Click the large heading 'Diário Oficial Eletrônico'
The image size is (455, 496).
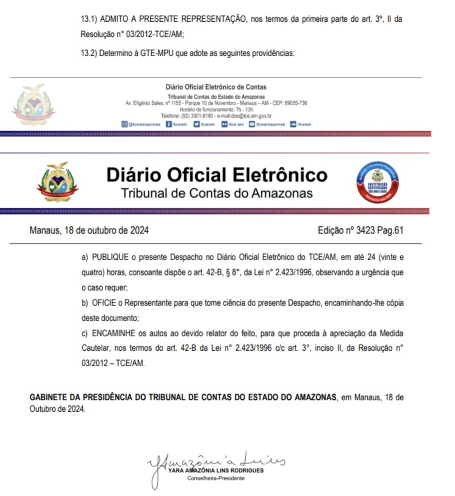pyautogui.click(x=217, y=175)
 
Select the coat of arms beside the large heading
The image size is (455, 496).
pyautogui.click(x=57, y=183)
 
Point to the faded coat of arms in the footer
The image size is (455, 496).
pyautogui.click(x=33, y=104)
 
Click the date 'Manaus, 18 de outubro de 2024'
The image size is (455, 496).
pyautogui.click(x=89, y=231)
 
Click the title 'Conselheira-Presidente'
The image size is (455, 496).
pyautogui.click(x=216, y=479)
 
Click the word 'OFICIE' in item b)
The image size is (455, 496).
pyautogui.click(x=103, y=303)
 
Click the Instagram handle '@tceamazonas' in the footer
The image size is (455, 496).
pyautogui.click(x=144, y=124)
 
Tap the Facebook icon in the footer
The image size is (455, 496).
pyautogui.click(x=169, y=124)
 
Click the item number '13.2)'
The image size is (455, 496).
pyautogui.click(x=89, y=53)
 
